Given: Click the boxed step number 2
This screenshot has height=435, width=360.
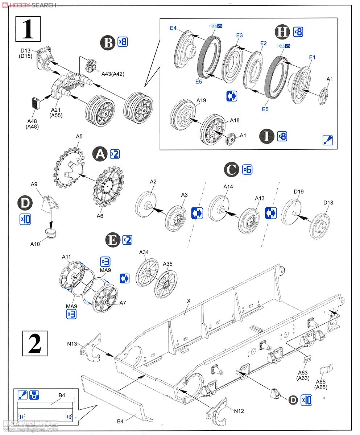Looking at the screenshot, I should pos(35,344).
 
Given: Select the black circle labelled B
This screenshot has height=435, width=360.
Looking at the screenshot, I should pos(107,42).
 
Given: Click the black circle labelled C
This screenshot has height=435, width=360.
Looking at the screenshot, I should pos(232,169).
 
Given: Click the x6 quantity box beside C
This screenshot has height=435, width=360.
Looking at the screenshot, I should pos(247,169).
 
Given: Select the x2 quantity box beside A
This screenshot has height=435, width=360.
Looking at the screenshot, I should pos(115,154).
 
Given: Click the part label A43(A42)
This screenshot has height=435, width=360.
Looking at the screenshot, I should pos(113,74).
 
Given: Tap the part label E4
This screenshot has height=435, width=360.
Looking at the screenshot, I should pos(173,28).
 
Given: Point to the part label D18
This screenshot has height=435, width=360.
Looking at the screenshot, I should pos(328,203).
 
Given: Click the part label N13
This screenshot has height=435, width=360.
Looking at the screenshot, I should pos(72,343).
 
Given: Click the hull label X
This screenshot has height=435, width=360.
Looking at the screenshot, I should pos(189,301).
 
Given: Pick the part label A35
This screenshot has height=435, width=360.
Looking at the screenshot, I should pos(167,264).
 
